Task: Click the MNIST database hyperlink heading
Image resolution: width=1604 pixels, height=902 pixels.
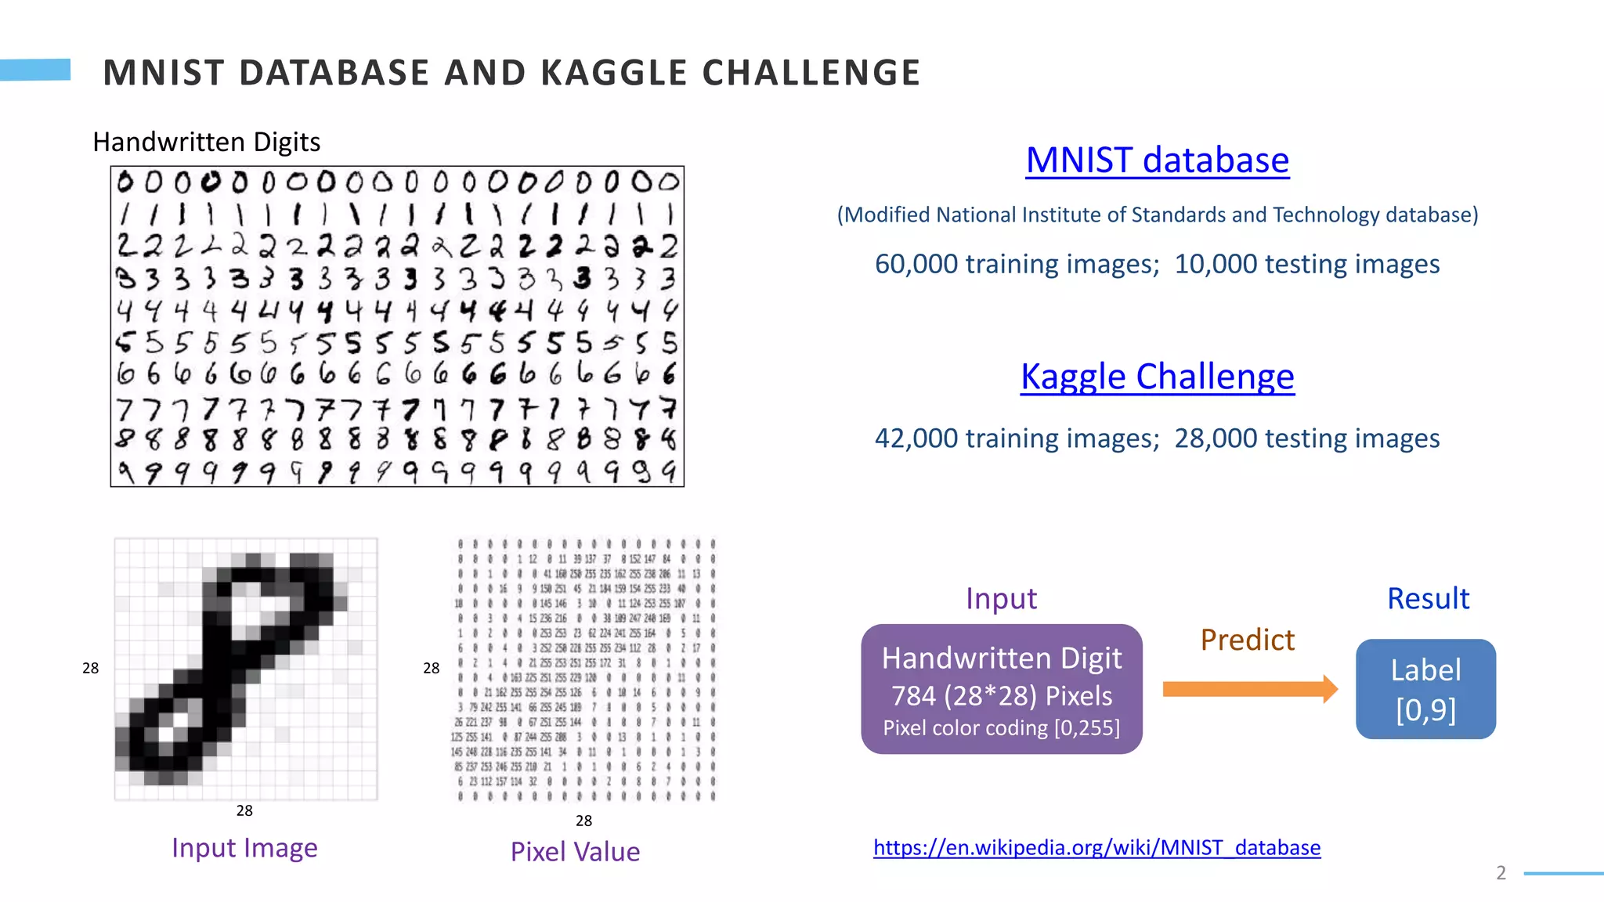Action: (1157, 161)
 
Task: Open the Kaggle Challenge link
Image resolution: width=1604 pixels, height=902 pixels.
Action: (1157, 377)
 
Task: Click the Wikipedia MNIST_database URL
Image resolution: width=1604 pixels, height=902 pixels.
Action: (1096, 847)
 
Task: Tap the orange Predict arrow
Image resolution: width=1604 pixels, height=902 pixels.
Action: (1249, 689)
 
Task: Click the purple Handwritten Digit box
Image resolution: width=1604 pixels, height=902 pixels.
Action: (1001, 689)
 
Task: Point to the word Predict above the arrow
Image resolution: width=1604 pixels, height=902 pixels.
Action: (1247, 640)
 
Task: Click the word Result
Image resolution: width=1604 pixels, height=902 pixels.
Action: (1428, 599)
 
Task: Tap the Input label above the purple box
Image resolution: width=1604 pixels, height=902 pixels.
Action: (1001, 599)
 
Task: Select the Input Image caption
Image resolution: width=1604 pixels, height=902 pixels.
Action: (244, 848)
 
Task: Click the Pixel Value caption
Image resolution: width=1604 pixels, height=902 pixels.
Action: (575, 852)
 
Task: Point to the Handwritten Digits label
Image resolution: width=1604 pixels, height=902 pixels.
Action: (206, 143)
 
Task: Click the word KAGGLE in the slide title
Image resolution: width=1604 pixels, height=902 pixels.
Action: (613, 74)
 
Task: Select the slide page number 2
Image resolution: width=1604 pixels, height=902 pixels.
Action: (1501, 873)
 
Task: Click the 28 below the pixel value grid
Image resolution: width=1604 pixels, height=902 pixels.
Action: (583, 821)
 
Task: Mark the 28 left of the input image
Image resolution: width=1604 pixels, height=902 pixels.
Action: (91, 668)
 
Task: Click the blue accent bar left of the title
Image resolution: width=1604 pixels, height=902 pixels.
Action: (35, 70)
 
